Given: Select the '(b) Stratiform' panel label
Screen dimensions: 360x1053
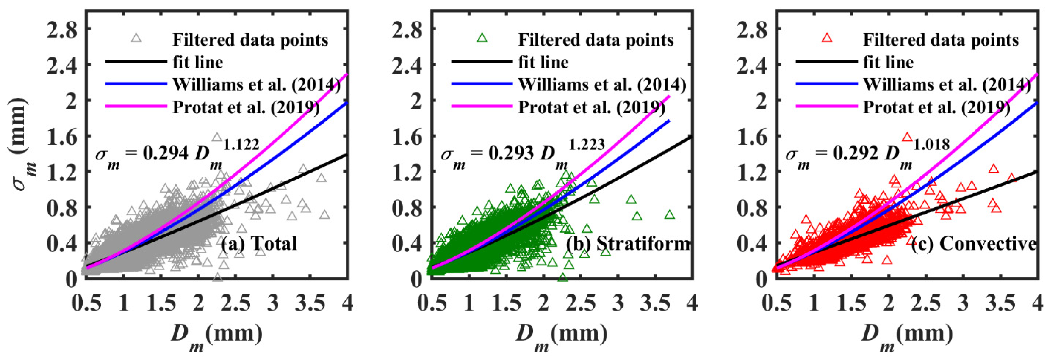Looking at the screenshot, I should [628, 244].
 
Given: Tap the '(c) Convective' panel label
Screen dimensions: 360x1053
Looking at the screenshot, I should [975, 244].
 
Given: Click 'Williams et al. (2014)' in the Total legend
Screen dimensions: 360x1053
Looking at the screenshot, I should [256, 85].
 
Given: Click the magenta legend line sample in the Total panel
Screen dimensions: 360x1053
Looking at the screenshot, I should [136, 106].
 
